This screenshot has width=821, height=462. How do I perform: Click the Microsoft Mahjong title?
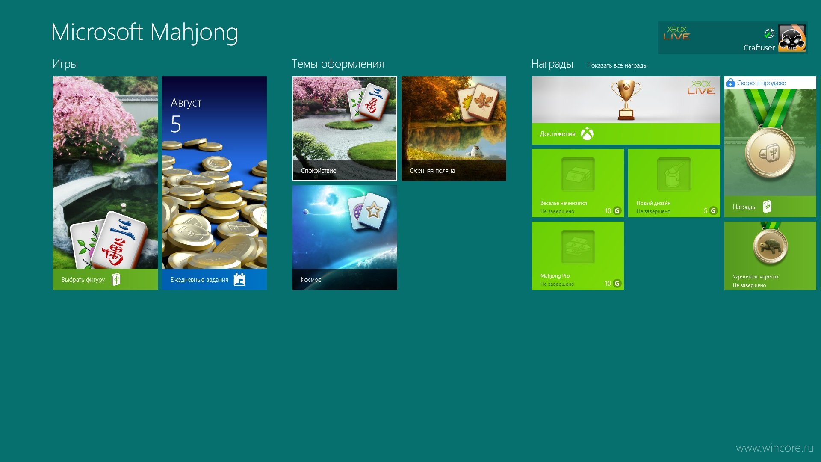(145, 33)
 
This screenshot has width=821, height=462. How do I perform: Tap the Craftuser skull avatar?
(792, 38)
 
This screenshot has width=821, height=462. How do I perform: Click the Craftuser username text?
(759, 48)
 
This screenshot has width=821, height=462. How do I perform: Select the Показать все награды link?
(617, 65)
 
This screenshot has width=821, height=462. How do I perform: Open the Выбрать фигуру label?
(83, 280)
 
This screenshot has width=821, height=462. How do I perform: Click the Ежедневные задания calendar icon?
(239, 279)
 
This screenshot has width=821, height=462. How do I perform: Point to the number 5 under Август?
(176, 124)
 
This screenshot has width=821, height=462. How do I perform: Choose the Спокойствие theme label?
(319, 171)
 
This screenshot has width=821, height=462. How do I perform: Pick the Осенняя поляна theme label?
(432, 171)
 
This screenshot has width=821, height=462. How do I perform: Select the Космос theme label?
(311, 280)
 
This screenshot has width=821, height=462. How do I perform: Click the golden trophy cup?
(626, 100)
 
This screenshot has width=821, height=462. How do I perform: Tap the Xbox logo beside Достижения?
(587, 134)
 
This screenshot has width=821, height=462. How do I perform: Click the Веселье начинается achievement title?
(564, 203)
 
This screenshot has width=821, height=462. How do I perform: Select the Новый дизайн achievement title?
(653, 203)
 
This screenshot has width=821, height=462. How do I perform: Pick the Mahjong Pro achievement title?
(555, 276)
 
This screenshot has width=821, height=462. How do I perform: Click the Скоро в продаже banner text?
(762, 83)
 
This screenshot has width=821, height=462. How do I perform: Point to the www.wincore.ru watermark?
(775, 448)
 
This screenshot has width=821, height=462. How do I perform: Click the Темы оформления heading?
(338, 64)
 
